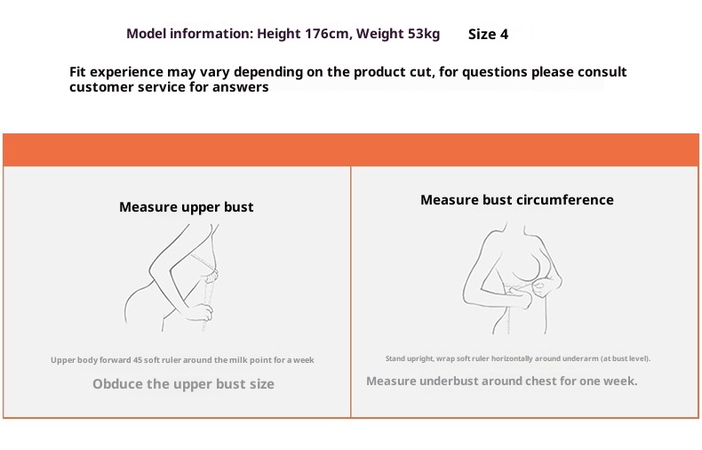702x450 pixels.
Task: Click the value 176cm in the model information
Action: click(x=327, y=34)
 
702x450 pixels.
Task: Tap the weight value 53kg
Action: click(x=424, y=34)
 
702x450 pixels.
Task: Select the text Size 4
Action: click(x=488, y=34)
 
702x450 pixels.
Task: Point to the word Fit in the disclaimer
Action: click(x=77, y=72)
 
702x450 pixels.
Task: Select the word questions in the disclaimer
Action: click(x=495, y=72)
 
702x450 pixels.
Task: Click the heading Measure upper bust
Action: click(x=187, y=207)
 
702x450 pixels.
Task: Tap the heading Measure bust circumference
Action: click(x=517, y=200)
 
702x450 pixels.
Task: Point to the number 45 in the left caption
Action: click(x=137, y=360)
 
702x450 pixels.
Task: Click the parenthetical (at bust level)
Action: click(x=626, y=358)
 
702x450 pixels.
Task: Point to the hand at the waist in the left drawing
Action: click(x=200, y=312)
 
